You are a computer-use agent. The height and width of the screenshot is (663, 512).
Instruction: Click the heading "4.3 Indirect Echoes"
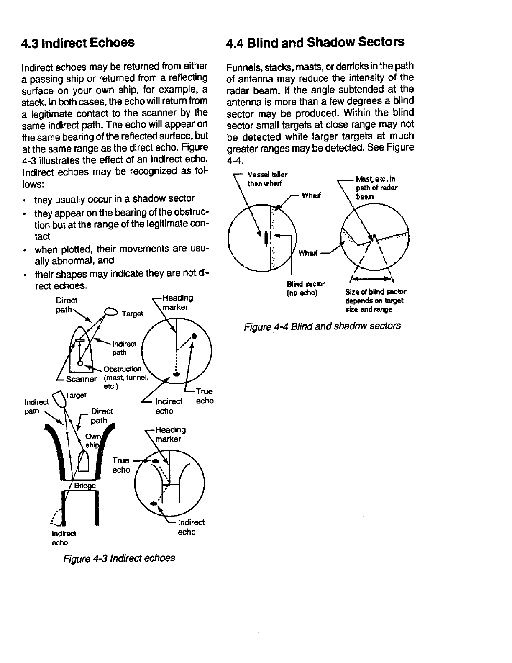(x=78, y=43)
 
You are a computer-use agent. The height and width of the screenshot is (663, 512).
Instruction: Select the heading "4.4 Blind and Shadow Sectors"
(x=315, y=42)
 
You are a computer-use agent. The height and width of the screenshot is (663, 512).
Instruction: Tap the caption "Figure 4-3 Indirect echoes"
(x=119, y=558)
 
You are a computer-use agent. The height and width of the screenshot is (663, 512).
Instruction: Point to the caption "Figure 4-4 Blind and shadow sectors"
(x=323, y=326)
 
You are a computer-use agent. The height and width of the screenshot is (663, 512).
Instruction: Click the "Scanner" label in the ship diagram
(x=82, y=379)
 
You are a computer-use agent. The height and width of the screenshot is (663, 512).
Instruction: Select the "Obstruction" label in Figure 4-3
(x=122, y=369)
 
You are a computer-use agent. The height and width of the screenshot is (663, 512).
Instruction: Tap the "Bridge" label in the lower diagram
(x=85, y=486)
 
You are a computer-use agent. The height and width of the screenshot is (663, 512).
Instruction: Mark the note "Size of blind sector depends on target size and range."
(x=375, y=301)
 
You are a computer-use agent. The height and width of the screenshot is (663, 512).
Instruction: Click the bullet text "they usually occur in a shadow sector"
(x=115, y=198)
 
